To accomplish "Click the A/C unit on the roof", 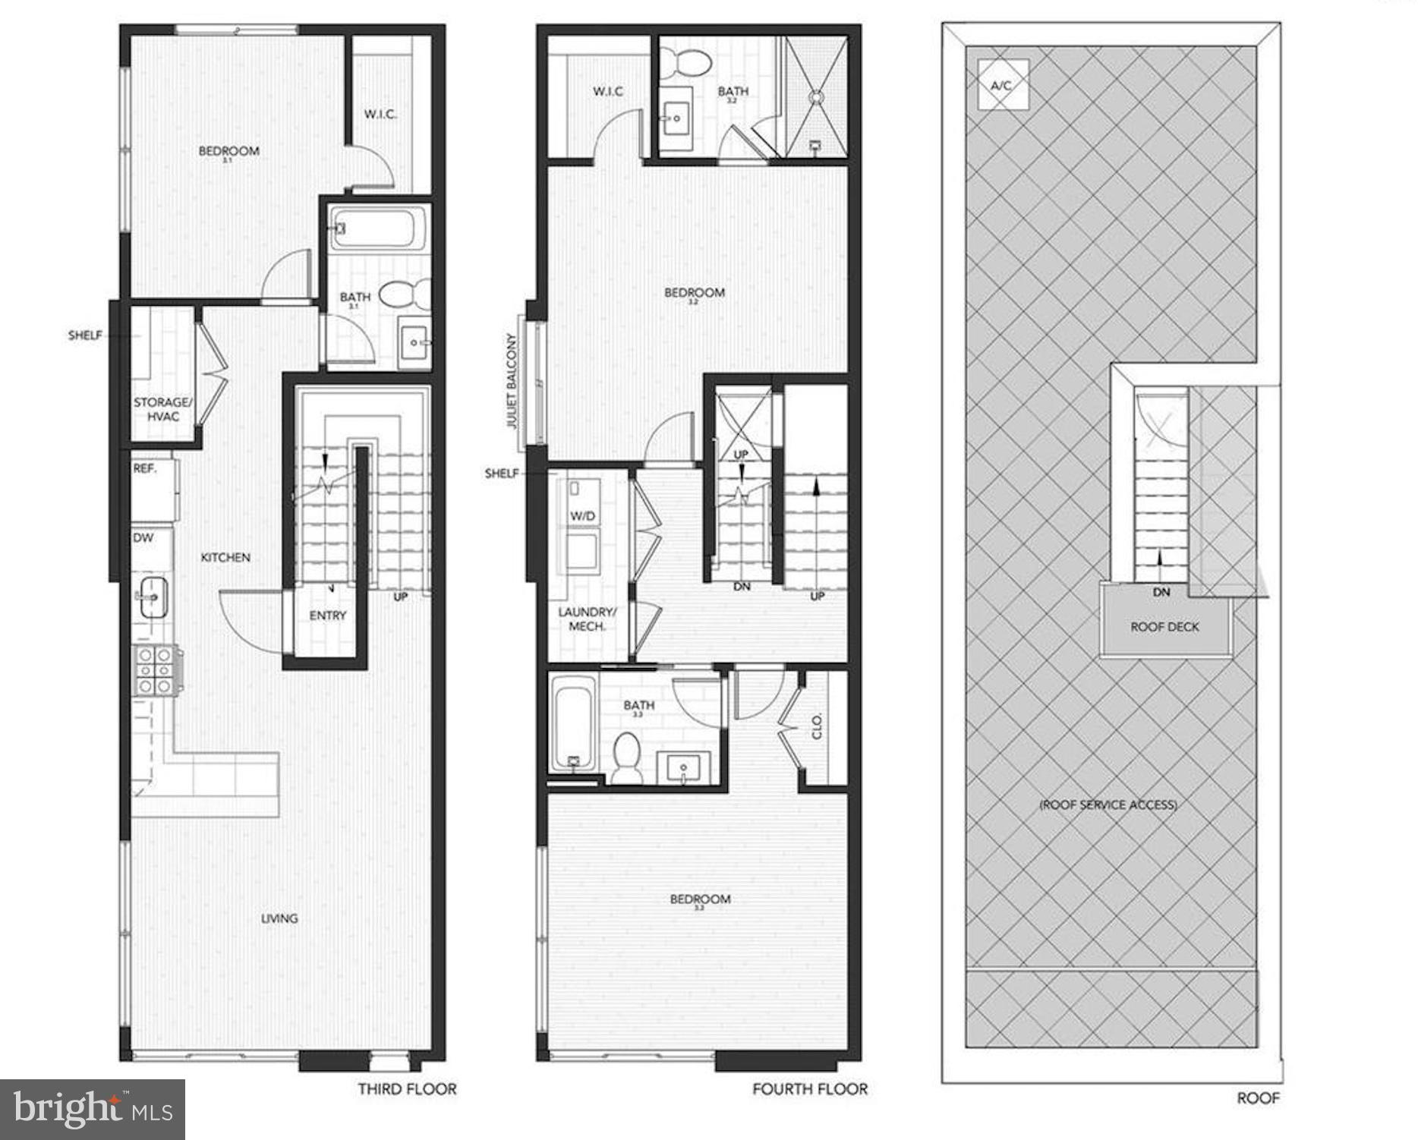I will point(1002,85).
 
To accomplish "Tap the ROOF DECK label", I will point(1164,627).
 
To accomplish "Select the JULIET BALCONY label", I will point(512,381).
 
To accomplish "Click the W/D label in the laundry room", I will point(582,516).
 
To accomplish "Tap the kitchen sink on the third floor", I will point(153,597).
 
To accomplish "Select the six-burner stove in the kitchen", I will point(156,670).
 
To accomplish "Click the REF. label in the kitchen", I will point(145,469).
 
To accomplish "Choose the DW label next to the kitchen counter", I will point(143,537).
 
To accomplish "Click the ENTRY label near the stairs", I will point(327,616).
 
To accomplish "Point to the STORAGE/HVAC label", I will point(162,409).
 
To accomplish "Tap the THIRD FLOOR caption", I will point(407,1089).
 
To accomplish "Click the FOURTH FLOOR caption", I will point(809,1089).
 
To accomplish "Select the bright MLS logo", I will point(93,1110).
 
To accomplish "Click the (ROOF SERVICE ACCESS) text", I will point(1108,805).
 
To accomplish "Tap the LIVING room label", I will point(279,918).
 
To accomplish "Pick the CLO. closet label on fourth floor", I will point(818,726).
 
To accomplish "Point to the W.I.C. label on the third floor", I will point(380,115).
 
